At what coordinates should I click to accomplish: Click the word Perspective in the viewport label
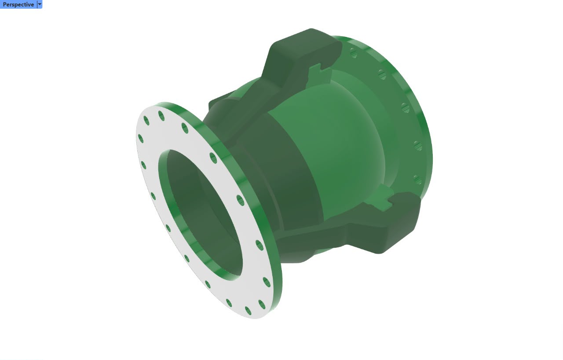(18, 4)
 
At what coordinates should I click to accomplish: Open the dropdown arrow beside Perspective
(40, 4)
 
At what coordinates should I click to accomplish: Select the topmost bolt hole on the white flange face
(161, 116)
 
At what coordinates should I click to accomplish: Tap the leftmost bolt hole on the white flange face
(141, 139)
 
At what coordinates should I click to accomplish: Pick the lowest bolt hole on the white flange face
(248, 311)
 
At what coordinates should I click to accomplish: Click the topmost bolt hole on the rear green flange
(354, 53)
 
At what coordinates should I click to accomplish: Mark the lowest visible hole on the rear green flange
(417, 180)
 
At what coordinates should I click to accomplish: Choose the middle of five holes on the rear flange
(406, 108)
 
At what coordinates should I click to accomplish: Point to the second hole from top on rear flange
(382, 74)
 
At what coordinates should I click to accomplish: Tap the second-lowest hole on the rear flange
(418, 146)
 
